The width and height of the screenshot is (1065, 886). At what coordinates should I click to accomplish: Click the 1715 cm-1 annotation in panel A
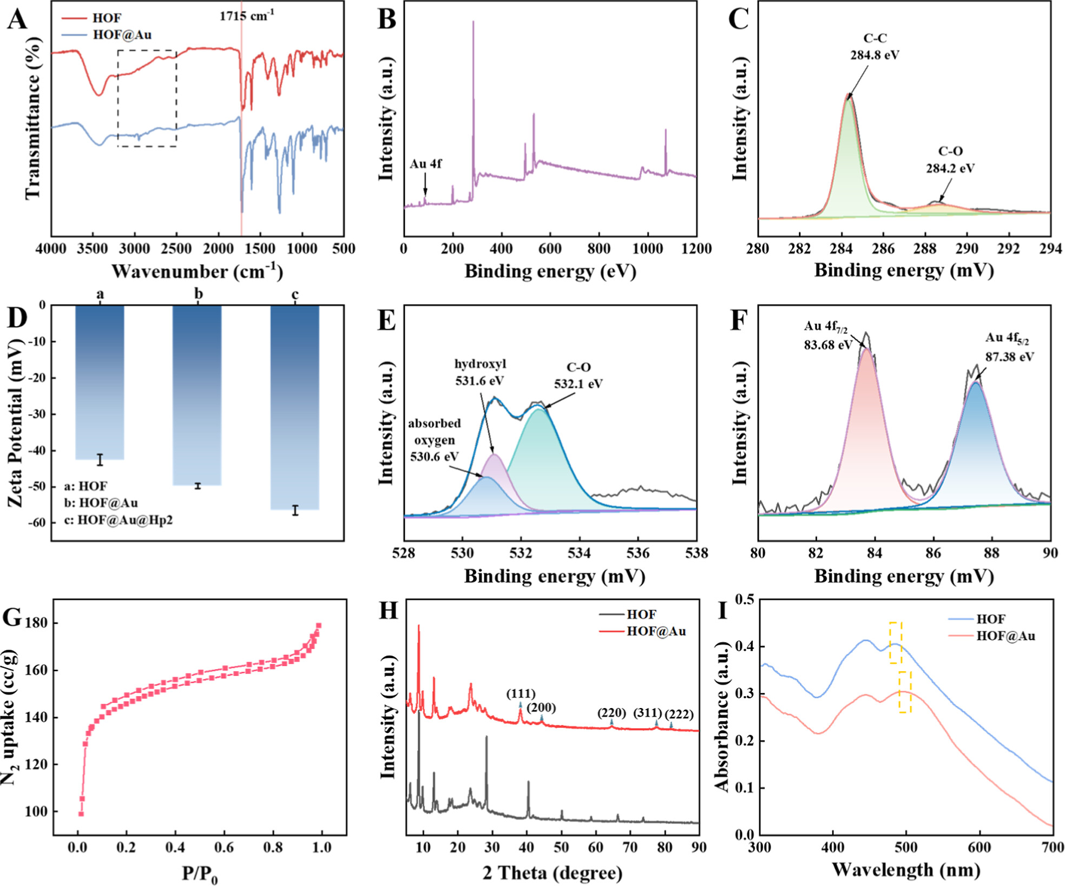coord(246,16)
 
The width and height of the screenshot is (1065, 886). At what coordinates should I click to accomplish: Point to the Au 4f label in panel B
coord(425,164)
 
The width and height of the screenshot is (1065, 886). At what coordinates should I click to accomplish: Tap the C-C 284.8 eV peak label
coord(875,47)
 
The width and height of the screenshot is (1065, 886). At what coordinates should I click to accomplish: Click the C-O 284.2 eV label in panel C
coord(950,160)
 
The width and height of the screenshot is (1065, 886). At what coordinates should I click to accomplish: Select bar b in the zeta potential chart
coord(197,395)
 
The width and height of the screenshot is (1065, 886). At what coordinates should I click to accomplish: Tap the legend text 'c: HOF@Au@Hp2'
coord(119,520)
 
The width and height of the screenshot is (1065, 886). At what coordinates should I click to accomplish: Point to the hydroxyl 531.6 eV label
coord(479,372)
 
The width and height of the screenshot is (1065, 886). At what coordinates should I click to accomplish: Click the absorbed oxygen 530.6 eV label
coord(435,440)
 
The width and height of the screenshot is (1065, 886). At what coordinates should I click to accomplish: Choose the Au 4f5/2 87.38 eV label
coord(1009,347)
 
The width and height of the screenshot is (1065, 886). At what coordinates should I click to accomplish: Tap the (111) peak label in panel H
coord(521,694)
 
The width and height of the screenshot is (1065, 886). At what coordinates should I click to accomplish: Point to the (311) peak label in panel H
coord(647,712)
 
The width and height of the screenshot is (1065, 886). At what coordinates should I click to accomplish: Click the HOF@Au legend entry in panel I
coord(1005,636)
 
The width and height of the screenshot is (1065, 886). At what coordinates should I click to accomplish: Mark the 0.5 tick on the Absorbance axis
coord(746,599)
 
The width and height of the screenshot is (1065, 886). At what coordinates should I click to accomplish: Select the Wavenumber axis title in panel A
coord(197,271)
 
